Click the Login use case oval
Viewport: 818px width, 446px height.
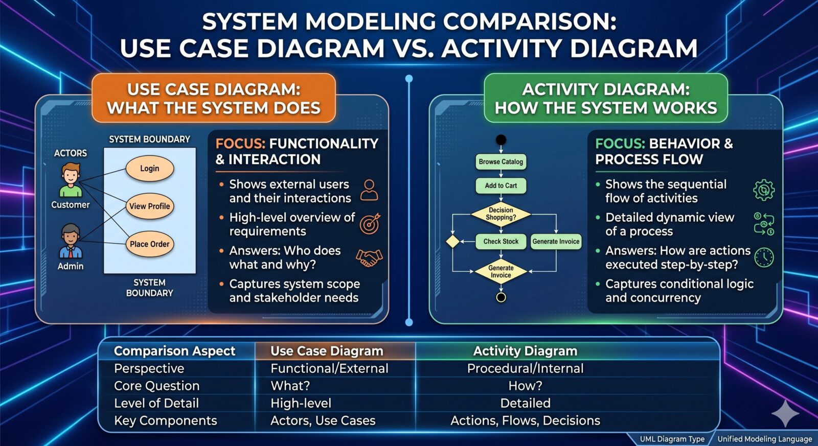[x=150, y=169]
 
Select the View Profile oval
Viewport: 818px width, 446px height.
[x=150, y=206]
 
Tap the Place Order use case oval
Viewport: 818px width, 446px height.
[x=150, y=244]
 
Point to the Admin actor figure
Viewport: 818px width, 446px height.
[x=71, y=242]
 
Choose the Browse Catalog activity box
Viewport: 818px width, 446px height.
[x=501, y=162]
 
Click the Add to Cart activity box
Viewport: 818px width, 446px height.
[x=501, y=186]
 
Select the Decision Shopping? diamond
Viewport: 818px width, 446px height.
[x=501, y=214]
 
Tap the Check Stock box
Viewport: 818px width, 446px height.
[x=501, y=242]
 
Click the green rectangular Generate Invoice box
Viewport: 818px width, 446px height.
[x=556, y=242]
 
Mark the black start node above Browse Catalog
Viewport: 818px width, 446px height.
[x=501, y=140]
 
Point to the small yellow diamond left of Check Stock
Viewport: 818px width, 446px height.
[x=453, y=242]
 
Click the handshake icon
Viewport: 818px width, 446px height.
[x=369, y=257]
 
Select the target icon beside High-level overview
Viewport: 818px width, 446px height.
[x=370, y=224]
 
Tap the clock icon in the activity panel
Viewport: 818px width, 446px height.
[x=764, y=257]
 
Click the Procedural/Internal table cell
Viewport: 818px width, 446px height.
[x=525, y=368]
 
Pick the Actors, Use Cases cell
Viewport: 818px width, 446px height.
[x=323, y=420]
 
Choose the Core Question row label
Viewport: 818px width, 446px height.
[x=157, y=386]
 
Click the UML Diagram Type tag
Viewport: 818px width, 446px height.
[x=672, y=439]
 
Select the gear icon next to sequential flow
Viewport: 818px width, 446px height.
[x=764, y=190]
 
